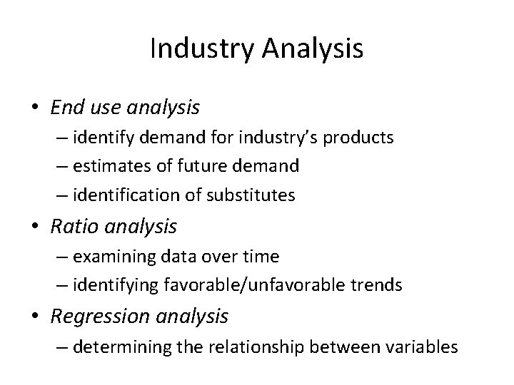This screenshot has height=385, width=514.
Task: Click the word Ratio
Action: [71, 227]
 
